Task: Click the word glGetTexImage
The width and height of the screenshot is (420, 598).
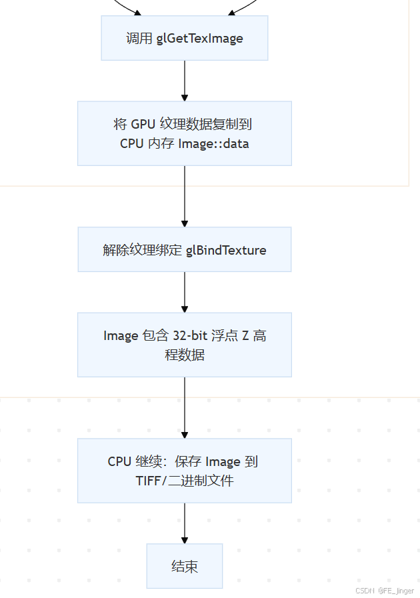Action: [x=200, y=38]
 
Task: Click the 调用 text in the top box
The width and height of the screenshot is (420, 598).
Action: [x=139, y=38]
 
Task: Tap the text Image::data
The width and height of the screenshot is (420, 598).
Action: [x=213, y=143]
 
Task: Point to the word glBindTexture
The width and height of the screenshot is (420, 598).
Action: [x=226, y=250]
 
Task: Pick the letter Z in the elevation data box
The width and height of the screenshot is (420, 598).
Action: [x=245, y=335]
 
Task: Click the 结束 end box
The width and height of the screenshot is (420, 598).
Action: [x=185, y=567]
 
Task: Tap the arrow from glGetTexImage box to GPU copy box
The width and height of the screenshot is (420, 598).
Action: [x=185, y=81]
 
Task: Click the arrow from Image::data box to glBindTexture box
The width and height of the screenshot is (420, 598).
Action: [x=185, y=196]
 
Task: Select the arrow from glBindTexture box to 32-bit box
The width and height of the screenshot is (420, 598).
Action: [x=185, y=292]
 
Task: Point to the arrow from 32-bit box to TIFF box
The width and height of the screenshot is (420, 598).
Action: [x=185, y=407]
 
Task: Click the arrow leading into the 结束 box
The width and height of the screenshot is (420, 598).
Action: [x=185, y=523]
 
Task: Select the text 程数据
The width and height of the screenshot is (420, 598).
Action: [x=185, y=355]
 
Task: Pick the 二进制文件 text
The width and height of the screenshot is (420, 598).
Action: [x=207, y=481]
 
